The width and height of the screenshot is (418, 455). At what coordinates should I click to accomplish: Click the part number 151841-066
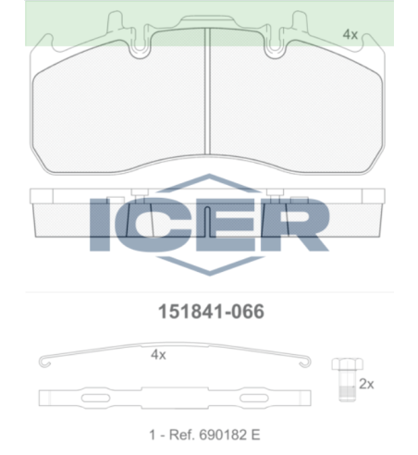coord(211,312)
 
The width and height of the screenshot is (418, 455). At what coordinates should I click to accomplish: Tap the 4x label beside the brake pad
coord(350,34)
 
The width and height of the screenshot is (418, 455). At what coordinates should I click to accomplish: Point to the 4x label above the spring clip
coord(158,355)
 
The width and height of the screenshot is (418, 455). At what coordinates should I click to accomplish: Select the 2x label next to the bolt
coord(366,384)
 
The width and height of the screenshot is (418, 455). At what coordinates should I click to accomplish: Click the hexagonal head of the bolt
coord(348,364)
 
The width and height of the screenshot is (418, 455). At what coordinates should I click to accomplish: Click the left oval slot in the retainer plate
coord(95,398)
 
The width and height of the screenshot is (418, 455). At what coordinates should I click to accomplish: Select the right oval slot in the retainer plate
coord(254,398)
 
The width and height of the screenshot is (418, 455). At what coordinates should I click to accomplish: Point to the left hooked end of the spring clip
coord(44,362)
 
